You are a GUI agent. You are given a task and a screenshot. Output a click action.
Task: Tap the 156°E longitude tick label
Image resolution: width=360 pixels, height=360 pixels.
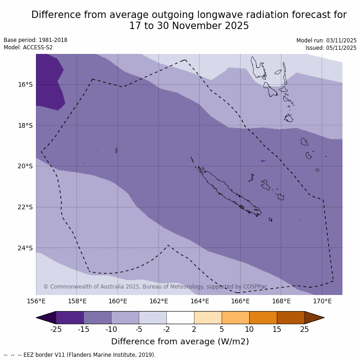tap(36, 301)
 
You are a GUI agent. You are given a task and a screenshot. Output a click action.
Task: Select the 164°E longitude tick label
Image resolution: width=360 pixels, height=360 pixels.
tap(200, 301)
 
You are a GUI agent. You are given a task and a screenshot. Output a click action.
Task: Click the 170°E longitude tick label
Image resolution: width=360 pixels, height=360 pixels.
tap(322, 301)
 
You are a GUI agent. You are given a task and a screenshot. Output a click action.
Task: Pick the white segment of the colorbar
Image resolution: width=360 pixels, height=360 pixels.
tap(180, 318)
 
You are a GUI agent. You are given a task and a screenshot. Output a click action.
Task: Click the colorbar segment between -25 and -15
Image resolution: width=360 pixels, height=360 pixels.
tap(70, 318)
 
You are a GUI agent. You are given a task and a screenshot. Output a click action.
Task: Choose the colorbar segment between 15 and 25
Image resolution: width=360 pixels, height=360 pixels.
tap(291, 318)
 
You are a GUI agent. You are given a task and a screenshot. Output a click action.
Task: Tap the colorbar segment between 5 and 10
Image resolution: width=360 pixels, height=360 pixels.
tap(236, 318)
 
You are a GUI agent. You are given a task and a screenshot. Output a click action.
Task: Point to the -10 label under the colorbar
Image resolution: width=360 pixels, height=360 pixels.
tap(111, 329)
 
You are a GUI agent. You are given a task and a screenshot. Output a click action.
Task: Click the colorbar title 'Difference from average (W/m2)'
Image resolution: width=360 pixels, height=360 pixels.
tap(180, 342)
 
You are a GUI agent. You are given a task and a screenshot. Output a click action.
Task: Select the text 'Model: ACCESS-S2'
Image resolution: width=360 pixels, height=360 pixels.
tap(28, 47)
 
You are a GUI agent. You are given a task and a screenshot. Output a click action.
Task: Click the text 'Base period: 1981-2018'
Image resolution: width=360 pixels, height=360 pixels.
tap(35, 40)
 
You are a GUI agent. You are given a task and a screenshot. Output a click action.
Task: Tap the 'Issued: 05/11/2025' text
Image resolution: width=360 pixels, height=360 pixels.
tap(331, 48)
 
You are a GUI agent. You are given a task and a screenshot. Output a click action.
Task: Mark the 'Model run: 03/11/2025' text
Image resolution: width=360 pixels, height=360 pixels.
tap(326, 41)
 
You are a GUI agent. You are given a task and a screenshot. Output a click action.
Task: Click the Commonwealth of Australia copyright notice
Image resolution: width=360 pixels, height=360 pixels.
tap(155, 287)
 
